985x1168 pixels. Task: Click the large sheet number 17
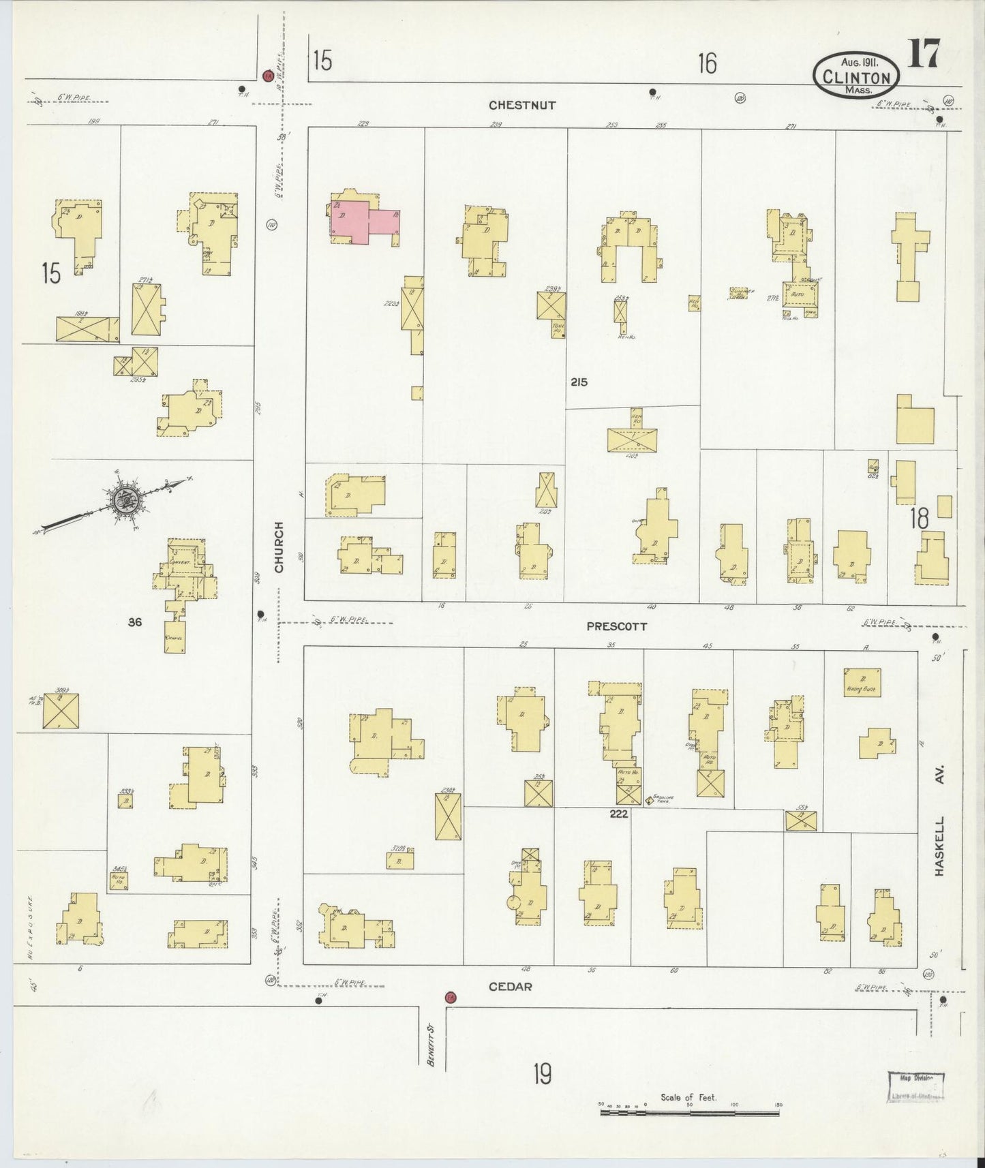(923, 55)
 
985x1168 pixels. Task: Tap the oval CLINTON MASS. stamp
(856, 76)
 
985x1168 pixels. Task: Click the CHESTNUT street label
(522, 106)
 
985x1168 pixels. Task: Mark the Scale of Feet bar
(689, 1112)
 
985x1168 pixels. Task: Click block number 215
(579, 382)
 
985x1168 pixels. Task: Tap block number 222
(618, 814)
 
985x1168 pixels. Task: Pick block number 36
(135, 621)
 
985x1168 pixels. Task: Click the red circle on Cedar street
(450, 998)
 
